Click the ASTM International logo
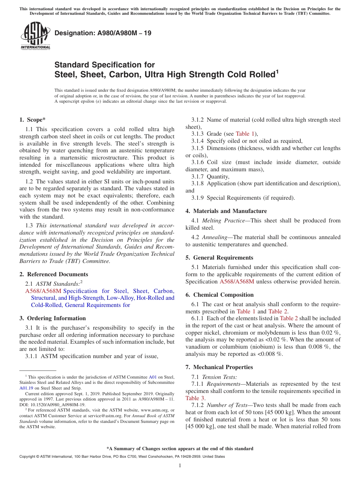pyautogui.click(x=35, y=36)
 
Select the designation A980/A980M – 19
pyautogui.click(x=103, y=33)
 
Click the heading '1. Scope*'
pyautogui.click(x=32, y=120)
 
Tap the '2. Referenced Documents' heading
pyautogui.click(x=53, y=274)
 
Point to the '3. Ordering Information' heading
pyautogui.click(x=52, y=318)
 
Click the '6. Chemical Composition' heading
pyautogui.click(x=219, y=295)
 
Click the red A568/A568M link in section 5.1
pyautogui.click(x=237, y=282)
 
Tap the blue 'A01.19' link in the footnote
pyautogui.click(x=26, y=388)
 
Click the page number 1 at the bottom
pyautogui.click(x=180, y=466)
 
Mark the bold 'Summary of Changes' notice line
pyautogui.click(x=180, y=449)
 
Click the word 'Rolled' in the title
pyautogui.click(x=260, y=75)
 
